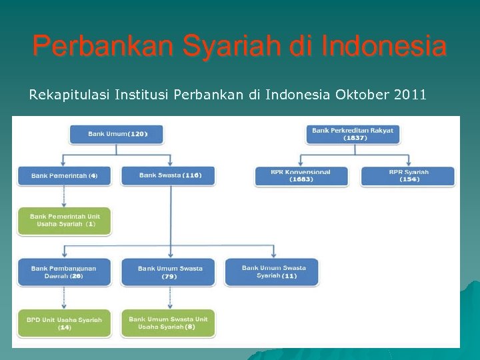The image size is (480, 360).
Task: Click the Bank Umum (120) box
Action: click(x=116, y=134)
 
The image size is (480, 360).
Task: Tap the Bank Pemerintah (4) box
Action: click(x=64, y=176)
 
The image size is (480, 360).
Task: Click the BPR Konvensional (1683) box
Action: click(x=301, y=176)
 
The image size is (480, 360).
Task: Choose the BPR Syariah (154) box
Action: click(x=407, y=176)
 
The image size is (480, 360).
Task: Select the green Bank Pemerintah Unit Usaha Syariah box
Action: click(x=64, y=221)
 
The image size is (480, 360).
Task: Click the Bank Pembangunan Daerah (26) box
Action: click(x=64, y=272)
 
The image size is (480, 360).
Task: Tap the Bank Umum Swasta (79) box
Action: click(x=168, y=272)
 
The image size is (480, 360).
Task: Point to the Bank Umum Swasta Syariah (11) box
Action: click(x=272, y=272)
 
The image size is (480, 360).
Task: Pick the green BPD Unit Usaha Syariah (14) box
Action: click(x=64, y=323)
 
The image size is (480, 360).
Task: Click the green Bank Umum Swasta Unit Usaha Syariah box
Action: click(x=168, y=323)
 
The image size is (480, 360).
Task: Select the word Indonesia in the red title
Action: click(x=383, y=47)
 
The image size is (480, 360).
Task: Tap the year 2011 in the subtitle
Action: click(x=410, y=95)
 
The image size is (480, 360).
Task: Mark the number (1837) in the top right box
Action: click(x=355, y=138)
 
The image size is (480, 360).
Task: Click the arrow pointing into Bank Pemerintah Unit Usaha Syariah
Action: click(x=64, y=202)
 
